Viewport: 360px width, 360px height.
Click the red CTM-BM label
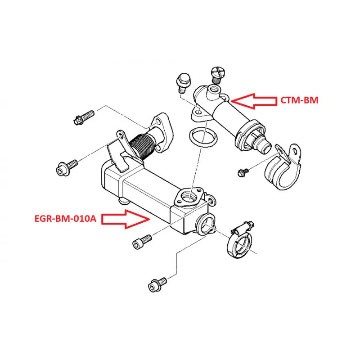299,100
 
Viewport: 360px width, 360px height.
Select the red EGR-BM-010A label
65,219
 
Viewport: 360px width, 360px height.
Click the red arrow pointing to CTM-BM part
254,101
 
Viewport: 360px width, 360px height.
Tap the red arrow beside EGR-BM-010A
126,219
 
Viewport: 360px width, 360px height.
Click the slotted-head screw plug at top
218,75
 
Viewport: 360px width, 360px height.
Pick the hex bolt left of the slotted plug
183,83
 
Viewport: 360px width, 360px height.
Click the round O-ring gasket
203,137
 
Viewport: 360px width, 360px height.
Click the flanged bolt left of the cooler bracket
67,167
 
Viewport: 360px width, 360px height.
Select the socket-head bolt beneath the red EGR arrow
142,242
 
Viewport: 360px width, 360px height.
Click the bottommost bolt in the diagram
157,285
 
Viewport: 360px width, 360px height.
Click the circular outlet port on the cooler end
206,224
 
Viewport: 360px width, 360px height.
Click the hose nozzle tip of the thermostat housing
264,145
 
